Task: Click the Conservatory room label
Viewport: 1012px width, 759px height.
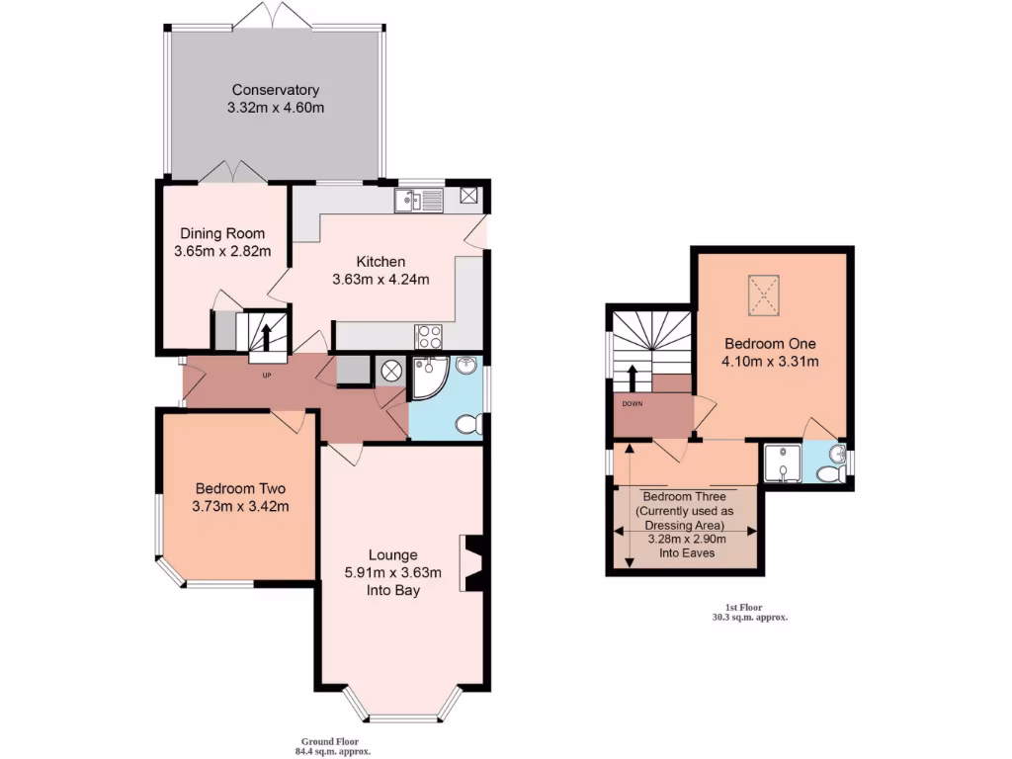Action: pyautogui.click(x=275, y=91)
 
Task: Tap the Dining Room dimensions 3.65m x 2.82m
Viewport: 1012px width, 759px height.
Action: pyautogui.click(x=221, y=252)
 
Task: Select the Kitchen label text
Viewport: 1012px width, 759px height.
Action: pyautogui.click(x=380, y=262)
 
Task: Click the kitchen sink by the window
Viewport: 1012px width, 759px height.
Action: pyautogui.click(x=418, y=201)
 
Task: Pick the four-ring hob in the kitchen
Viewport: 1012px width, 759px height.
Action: pyautogui.click(x=430, y=335)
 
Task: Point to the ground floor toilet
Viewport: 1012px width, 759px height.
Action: pyautogui.click(x=468, y=424)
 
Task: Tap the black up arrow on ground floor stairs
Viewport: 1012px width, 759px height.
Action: pyautogui.click(x=265, y=333)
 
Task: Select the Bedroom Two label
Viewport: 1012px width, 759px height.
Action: pyautogui.click(x=240, y=488)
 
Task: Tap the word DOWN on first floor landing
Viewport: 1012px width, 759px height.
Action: pyautogui.click(x=632, y=403)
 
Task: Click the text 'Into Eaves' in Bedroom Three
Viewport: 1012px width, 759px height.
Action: pyautogui.click(x=687, y=553)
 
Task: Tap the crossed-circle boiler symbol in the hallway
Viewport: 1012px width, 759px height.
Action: pyautogui.click(x=390, y=372)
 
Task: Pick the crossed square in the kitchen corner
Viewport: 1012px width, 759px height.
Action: pyautogui.click(x=469, y=196)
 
